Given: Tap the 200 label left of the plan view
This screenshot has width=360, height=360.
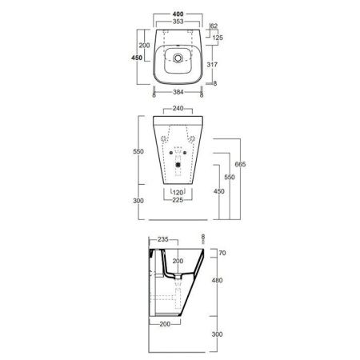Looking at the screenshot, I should (x=145, y=45).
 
